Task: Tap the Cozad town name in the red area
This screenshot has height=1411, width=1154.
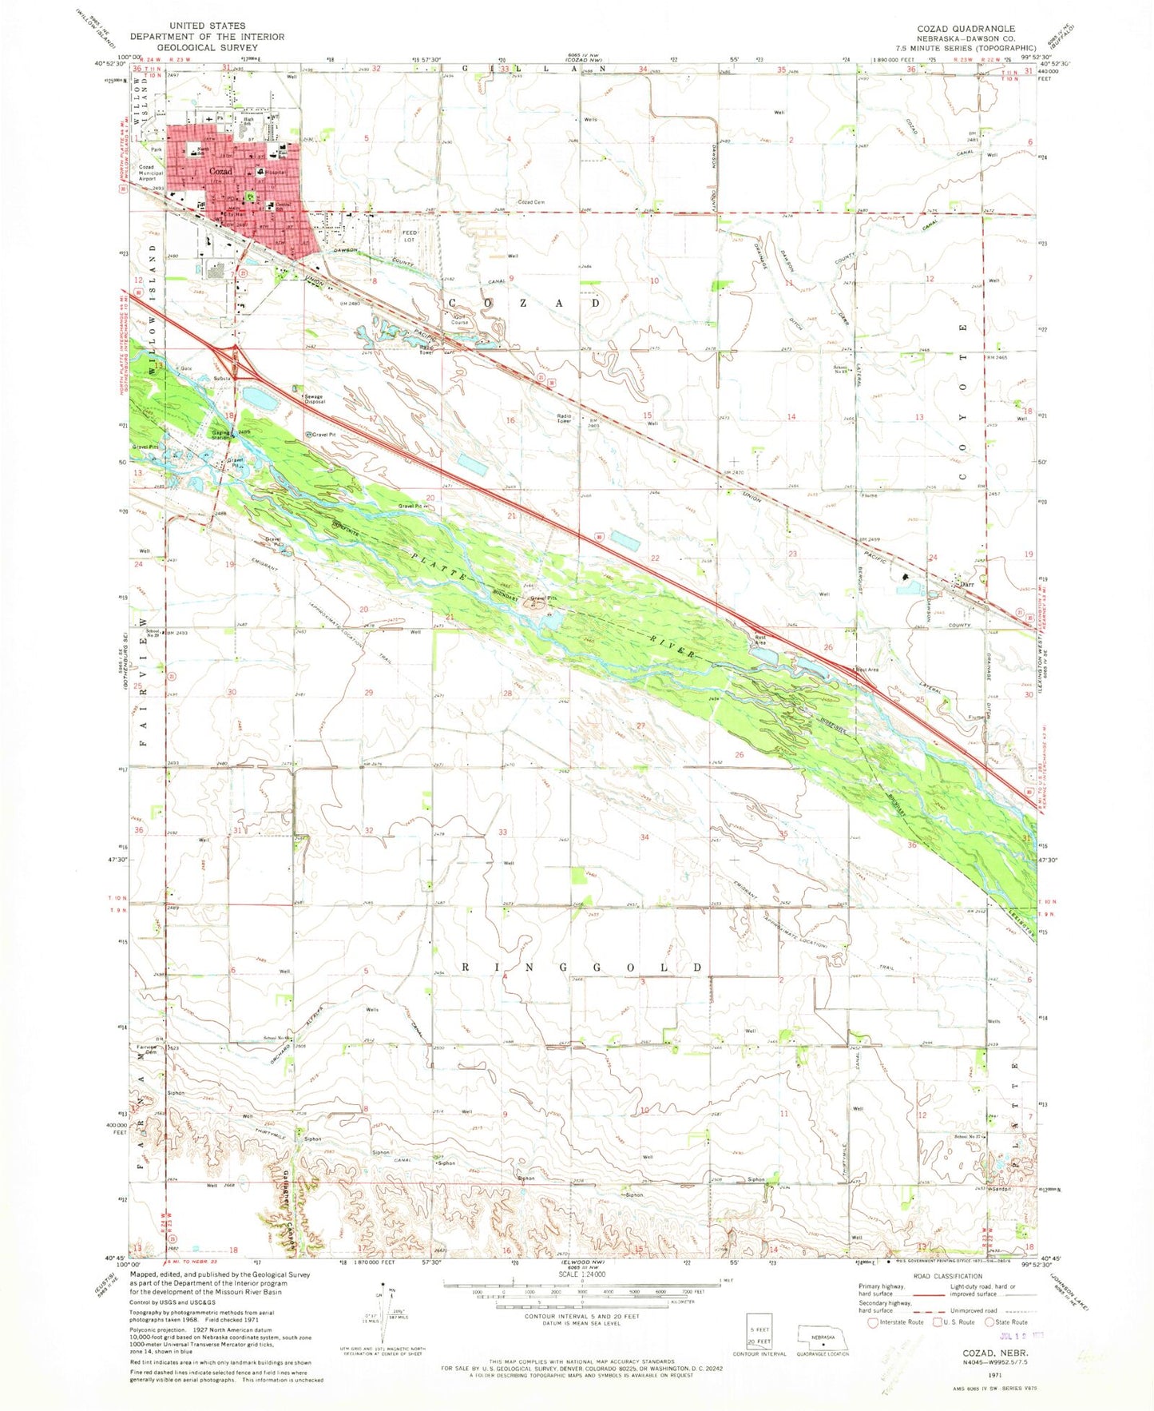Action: tap(220, 172)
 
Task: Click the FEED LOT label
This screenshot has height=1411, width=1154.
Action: tap(410, 236)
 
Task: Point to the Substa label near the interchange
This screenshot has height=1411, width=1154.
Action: tap(222, 378)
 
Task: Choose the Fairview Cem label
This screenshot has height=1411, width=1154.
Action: tap(148, 1050)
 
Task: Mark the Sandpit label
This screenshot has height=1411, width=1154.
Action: tap(1001, 1188)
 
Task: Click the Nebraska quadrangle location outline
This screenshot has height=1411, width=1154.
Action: tap(823, 1334)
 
